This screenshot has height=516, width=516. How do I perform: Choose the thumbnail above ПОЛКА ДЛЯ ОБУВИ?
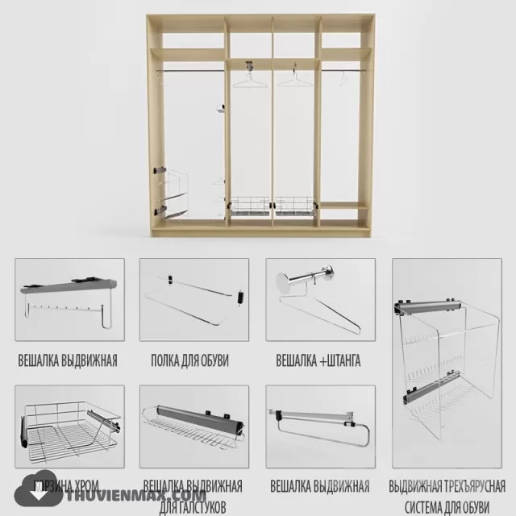point(193,300)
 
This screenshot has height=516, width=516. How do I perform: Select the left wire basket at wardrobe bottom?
point(250,208)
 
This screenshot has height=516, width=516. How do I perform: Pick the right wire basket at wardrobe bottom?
point(295,208)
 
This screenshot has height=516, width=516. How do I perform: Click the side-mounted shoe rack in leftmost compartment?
point(173,193)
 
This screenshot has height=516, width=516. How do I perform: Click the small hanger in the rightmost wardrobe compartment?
point(343,78)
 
